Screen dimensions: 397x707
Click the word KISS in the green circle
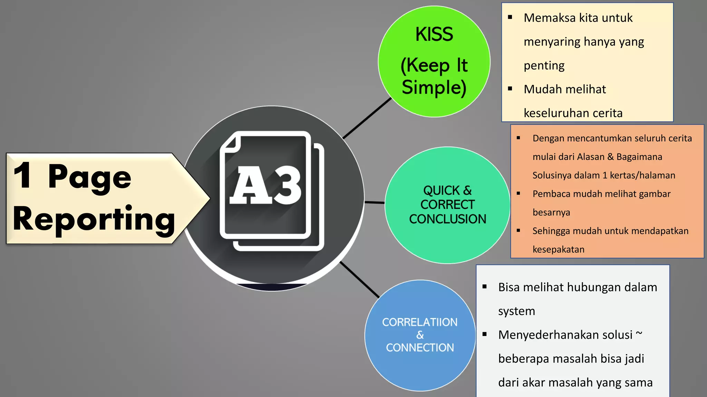pos(434,34)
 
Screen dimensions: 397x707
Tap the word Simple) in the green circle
pos(434,87)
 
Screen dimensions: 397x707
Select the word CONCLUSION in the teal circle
pos(447,219)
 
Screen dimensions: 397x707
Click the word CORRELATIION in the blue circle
pos(420,322)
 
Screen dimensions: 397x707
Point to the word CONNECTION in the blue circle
pos(420,348)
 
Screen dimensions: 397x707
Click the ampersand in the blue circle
pos(420,335)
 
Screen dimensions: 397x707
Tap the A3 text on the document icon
pos(265,185)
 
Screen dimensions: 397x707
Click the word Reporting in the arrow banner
pos(94,219)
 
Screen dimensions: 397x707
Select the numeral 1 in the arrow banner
pos(23,176)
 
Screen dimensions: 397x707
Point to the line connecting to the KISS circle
pos(367,118)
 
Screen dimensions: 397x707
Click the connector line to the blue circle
pos(359,279)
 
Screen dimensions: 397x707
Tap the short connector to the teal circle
pos(375,203)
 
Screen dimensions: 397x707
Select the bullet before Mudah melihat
pos(510,89)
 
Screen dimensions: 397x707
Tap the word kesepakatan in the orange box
pos(558,250)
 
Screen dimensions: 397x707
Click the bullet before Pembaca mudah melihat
pos(518,193)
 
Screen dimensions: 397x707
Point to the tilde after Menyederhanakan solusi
pos(639,333)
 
